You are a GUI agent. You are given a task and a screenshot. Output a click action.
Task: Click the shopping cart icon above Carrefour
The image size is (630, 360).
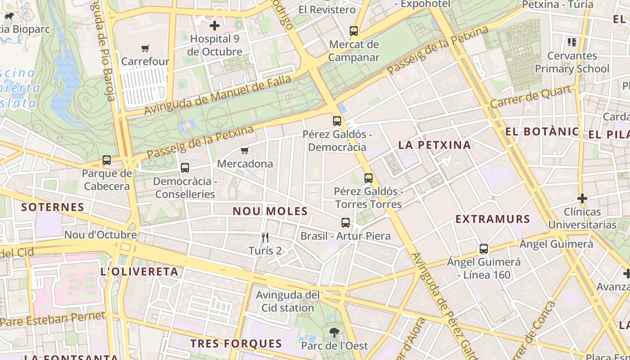[x=145, y=48]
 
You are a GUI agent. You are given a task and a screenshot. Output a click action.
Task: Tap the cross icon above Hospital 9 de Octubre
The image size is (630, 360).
[x=215, y=26]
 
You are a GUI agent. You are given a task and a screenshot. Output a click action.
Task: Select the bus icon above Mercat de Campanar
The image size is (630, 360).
[x=354, y=31]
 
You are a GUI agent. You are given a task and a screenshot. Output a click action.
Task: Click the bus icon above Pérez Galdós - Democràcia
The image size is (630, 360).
[x=337, y=121]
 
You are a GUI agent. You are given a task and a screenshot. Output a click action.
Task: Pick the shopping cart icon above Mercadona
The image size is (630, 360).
[x=244, y=150]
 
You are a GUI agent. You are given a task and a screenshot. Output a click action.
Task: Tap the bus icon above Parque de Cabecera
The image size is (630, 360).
[x=107, y=160]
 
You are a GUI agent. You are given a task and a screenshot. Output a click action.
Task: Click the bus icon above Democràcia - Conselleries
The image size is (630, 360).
[x=184, y=168]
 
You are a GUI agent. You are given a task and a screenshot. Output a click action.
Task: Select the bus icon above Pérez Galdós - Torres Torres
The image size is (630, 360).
[x=369, y=178]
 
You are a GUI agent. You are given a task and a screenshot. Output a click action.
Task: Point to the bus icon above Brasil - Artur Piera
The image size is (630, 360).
[x=345, y=222]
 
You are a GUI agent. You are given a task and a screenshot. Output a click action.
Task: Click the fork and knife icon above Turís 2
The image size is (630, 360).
[x=265, y=237]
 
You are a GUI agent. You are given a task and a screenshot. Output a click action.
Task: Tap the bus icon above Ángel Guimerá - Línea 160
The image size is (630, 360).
[x=484, y=248]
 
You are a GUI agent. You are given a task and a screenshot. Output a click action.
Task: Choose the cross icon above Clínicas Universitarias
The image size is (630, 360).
[x=582, y=198]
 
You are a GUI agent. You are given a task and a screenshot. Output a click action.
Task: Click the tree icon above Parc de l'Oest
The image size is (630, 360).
[x=334, y=333]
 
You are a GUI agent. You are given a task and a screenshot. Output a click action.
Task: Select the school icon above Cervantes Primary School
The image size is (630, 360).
[x=572, y=42]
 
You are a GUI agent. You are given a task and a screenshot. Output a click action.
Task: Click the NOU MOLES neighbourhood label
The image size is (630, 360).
[x=270, y=211]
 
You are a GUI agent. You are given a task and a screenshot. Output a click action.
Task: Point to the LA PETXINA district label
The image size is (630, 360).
[x=434, y=145]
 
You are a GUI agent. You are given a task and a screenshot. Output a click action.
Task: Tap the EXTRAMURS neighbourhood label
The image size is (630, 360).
[x=493, y=219]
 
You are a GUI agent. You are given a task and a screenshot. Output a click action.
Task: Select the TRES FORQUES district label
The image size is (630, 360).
[x=236, y=344]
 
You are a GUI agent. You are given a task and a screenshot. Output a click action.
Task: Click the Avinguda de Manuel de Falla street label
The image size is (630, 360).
[x=217, y=95]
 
